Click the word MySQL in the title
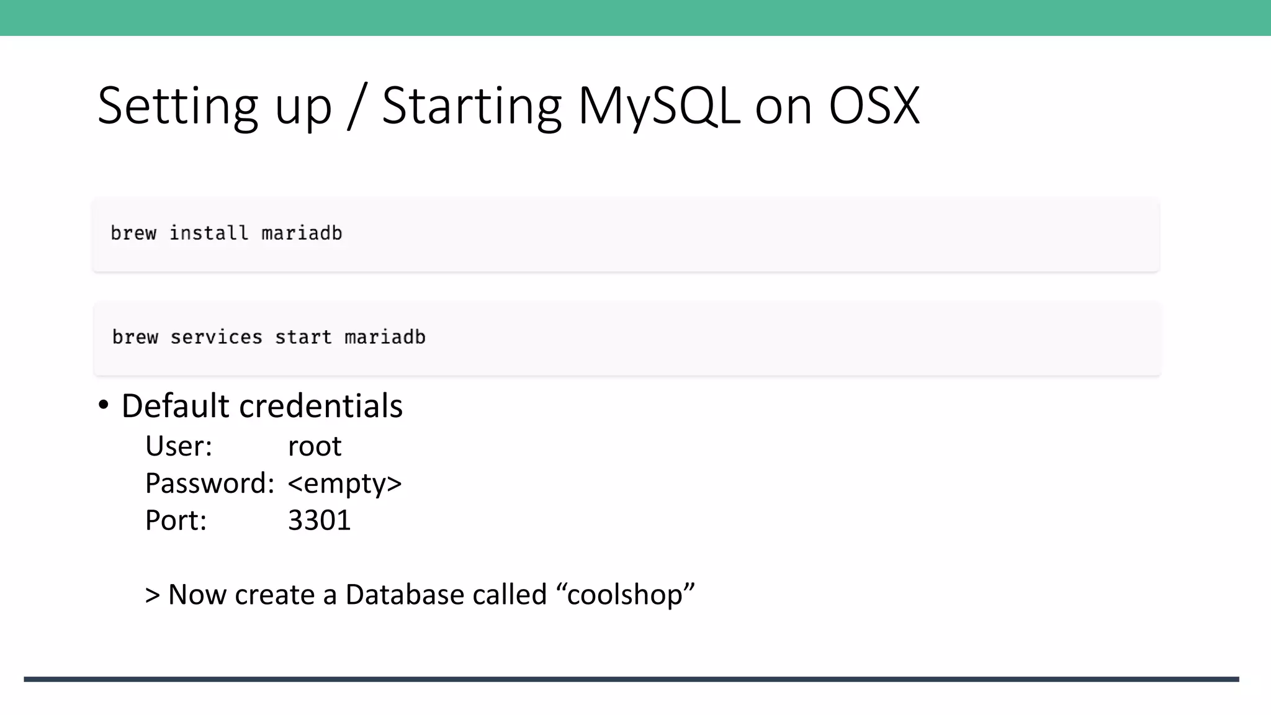pyautogui.click(x=658, y=107)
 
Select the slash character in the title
pyautogui.click(x=357, y=107)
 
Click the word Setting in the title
pyautogui.click(x=177, y=107)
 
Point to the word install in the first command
pyautogui.click(x=209, y=233)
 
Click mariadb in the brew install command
pyautogui.click(x=302, y=233)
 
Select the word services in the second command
pyautogui.click(x=216, y=337)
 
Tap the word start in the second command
pyautogui.click(x=303, y=337)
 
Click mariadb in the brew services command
pyautogui.click(x=385, y=337)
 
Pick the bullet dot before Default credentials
pyautogui.click(x=104, y=405)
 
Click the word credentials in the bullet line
pyautogui.click(x=321, y=407)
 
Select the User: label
pyautogui.click(x=179, y=446)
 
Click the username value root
pyautogui.click(x=315, y=446)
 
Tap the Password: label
pyautogui.click(x=210, y=483)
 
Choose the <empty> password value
pyautogui.click(x=344, y=483)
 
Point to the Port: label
pyautogui.click(x=176, y=520)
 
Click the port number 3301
pyautogui.click(x=319, y=520)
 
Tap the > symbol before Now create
pyautogui.click(x=153, y=595)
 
